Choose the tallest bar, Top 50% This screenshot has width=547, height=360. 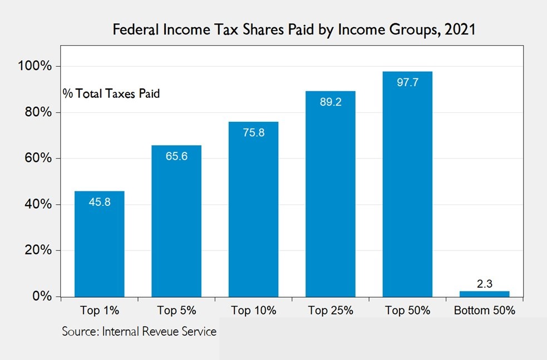click(x=407, y=184)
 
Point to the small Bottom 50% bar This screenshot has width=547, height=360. click(x=484, y=294)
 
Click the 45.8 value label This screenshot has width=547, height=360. click(x=100, y=202)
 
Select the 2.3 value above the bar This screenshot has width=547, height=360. click(x=485, y=284)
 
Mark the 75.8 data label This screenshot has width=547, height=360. click(x=253, y=133)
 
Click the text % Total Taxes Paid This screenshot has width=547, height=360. click(x=111, y=94)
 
